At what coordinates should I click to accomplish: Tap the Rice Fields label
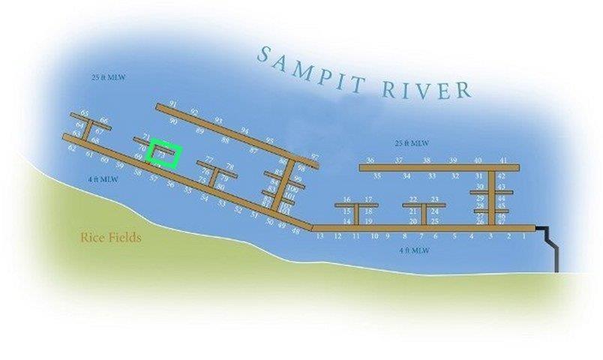point(110,238)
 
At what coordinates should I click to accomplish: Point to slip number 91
point(173,103)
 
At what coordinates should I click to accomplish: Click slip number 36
point(370,160)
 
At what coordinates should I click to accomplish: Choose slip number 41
point(503,160)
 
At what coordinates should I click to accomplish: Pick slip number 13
point(319,236)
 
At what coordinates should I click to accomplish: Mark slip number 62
point(72,148)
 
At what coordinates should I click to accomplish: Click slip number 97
point(314,157)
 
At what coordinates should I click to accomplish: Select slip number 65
point(85,114)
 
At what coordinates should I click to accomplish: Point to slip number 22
point(413,199)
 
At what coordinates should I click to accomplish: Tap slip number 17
point(368,199)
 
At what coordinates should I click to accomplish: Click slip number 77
point(209,160)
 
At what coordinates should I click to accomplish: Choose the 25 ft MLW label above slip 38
point(412,143)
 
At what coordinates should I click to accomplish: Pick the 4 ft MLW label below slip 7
point(414,250)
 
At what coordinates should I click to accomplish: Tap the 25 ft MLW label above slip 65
point(105,78)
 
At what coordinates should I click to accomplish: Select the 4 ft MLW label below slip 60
point(103,179)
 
